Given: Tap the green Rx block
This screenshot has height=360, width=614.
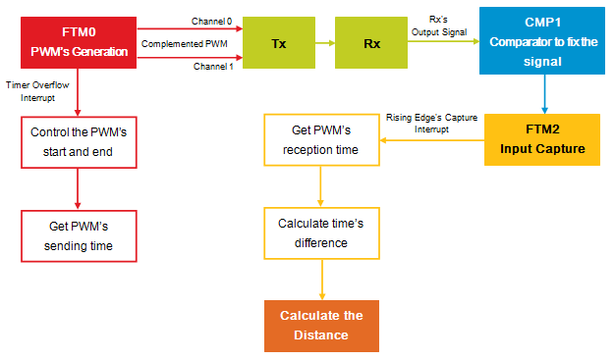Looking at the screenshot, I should (370, 43).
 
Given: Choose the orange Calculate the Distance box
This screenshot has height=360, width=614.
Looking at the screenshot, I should (321, 326).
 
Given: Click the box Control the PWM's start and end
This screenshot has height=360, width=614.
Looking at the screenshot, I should (80, 143).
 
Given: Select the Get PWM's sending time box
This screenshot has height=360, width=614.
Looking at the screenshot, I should (80, 235).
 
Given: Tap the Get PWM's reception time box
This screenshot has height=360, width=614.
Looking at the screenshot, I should (321, 140).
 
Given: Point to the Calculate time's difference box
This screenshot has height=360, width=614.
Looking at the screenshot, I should (321, 233).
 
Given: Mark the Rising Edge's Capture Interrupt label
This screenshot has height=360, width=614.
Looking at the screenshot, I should (431, 124).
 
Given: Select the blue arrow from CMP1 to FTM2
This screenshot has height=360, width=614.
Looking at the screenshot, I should (543, 95).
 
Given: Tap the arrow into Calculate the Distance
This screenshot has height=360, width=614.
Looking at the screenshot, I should (321, 282).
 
